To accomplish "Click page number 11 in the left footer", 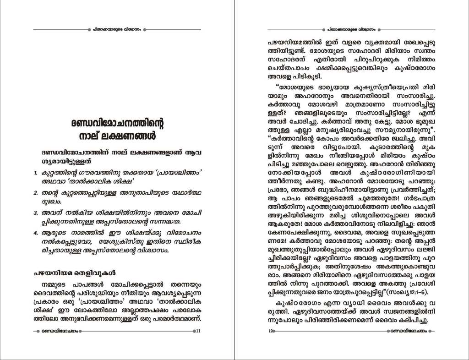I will coord(198,331).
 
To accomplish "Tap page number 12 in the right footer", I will coord(271,331).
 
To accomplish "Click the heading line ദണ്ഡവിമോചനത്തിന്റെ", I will coord(117,123).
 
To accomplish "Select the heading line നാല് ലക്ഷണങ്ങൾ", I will coord(117,136).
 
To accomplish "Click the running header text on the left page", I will coord(117,29).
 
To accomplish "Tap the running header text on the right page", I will coord(351,29).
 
